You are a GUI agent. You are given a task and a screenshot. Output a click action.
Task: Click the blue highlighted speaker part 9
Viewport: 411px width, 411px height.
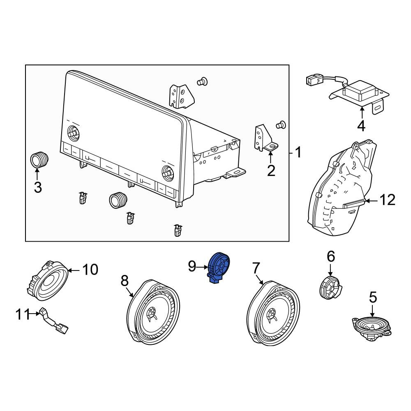[219, 268]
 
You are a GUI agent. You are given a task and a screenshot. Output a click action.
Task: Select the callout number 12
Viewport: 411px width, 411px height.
[388, 200]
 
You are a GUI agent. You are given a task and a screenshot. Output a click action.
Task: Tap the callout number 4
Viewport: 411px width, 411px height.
[361, 126]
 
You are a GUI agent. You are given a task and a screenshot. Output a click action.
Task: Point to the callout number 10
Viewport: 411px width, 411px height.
[90, 270]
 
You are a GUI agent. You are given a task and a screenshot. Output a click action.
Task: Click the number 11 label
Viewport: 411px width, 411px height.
[23, 314]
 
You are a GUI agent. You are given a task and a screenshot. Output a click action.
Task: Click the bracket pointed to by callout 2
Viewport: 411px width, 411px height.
[265, 138]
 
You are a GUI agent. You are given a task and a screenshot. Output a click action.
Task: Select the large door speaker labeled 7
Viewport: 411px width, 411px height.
[273, 312]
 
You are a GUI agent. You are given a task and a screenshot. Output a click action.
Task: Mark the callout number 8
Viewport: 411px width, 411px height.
[125, 281]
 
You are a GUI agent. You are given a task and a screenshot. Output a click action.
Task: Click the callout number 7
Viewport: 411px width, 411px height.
[256, 268]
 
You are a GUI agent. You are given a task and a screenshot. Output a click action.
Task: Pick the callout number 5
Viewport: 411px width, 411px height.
[373, 298]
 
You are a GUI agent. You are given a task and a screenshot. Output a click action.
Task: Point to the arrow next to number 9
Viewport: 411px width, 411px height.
[202, 268]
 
